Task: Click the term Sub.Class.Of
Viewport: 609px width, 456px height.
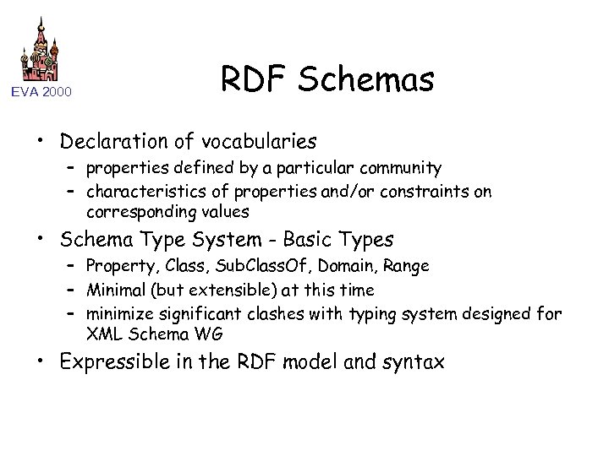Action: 250,266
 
